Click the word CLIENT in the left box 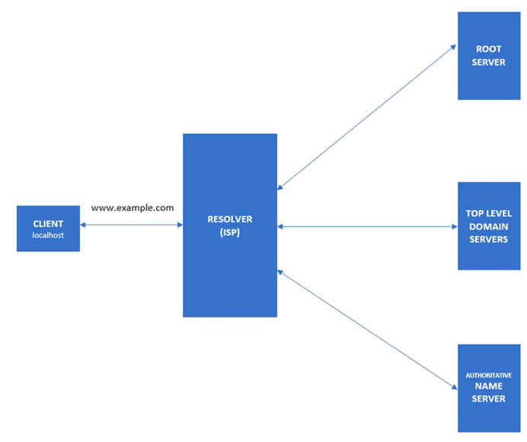pos(48,224)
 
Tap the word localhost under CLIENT pos(48,235)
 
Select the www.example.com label pos(133,207)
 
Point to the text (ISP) pos(229,232)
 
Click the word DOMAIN pos(488,227)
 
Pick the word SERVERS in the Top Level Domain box pos(488,239)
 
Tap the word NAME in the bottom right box pos(488,386)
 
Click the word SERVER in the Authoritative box pos(488,399)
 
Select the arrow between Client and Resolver pos(131,225)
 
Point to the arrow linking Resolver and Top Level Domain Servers pos(367,226)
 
